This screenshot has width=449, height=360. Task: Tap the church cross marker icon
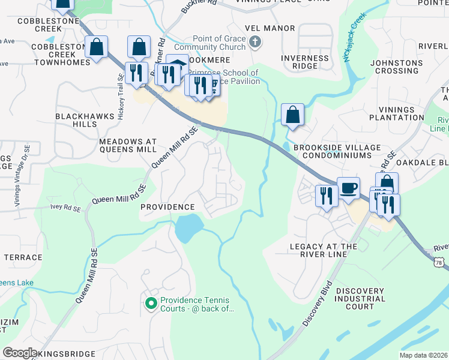point(255,41)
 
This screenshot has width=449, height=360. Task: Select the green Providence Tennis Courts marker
point(151,304)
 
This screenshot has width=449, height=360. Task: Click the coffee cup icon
point(348,188)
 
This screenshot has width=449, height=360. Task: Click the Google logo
point(20,353)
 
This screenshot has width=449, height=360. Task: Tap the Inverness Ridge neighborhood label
point(305,62)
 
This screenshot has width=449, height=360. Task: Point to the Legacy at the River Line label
point(324,250)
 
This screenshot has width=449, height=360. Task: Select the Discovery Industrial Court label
point(360,299)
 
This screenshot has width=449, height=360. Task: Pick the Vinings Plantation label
point(400,113)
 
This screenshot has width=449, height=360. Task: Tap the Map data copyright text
point(423,355)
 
